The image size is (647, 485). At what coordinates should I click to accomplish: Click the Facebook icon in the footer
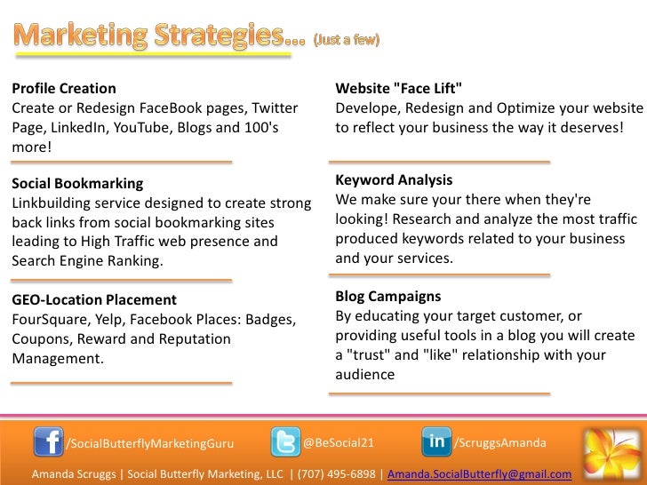point(48,441)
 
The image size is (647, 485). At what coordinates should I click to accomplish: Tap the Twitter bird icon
point(285,441)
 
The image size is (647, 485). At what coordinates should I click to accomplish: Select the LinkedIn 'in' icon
point(436,441)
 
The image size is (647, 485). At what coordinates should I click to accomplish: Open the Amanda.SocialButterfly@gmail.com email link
point(480,474)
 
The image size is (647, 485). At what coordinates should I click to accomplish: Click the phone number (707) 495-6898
point(337,474)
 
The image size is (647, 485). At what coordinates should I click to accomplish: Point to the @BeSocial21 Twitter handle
point(339,441)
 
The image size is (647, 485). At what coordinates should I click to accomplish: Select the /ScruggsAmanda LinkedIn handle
point(500,441)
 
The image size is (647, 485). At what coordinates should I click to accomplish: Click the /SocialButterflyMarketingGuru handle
point(151,442)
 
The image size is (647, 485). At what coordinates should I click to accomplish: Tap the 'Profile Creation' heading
point(63,88)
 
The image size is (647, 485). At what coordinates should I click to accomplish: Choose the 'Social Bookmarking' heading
point(77,184)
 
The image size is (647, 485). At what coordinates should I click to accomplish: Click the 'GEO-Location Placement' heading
point(94,300)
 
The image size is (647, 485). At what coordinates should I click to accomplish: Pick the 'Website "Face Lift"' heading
point(399,88)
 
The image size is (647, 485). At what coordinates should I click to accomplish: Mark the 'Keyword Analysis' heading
point(394,179)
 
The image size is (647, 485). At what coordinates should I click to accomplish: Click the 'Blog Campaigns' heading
point(388,296)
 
